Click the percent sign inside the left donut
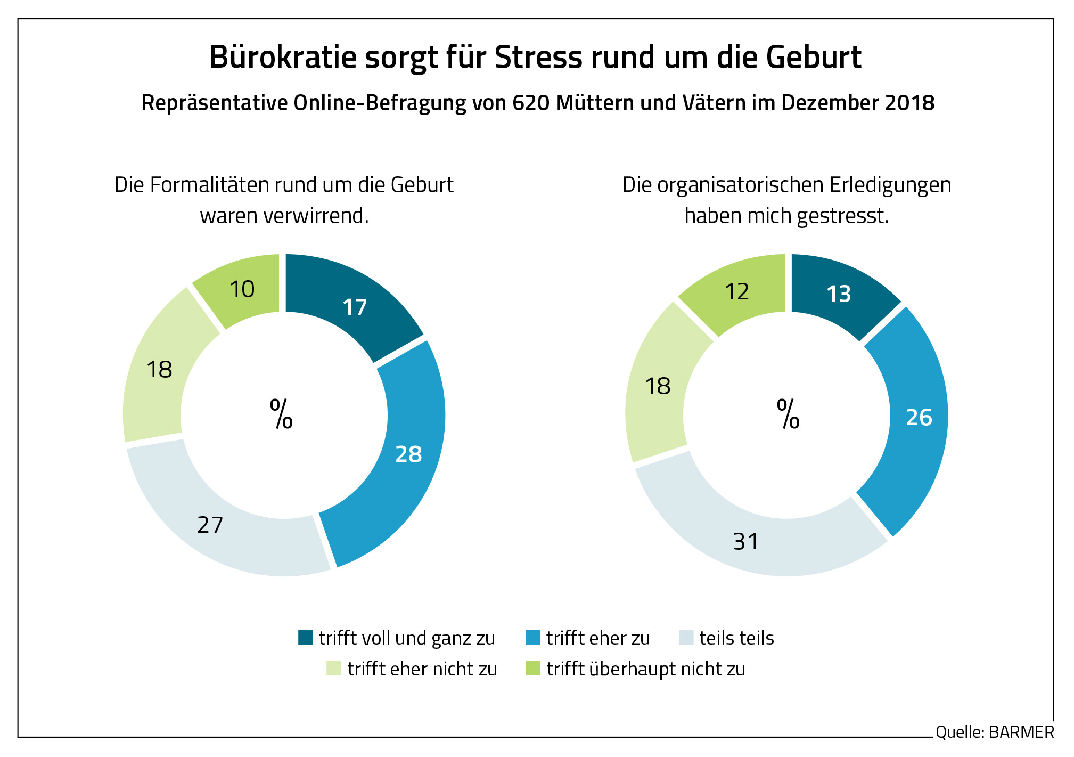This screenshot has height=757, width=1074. [x=281, y=414]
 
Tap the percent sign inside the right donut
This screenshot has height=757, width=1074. [x=788, y=414]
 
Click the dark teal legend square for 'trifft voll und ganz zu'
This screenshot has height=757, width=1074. [x=306, y=637]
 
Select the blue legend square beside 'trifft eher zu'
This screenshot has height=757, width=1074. [x=532, y=637]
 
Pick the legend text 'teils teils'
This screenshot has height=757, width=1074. [x=736, y=638]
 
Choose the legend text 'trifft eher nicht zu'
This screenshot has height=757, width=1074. [x=422, y=669]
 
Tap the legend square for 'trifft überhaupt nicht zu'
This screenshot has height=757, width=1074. [x=532, y=668]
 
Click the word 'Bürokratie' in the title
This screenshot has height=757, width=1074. [x=283, y=57]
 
